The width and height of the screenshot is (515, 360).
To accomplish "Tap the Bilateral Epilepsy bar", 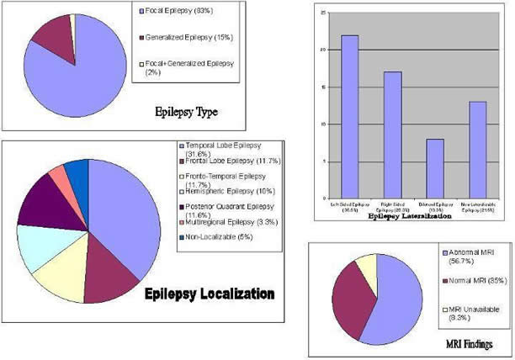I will pyautogui.click(x=435, y=168).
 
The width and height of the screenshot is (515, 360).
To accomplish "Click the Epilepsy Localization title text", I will pyautogui.click(x=221, y=294).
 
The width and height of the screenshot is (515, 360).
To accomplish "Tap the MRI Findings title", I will pyautogui.click(x=468, y=344).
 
